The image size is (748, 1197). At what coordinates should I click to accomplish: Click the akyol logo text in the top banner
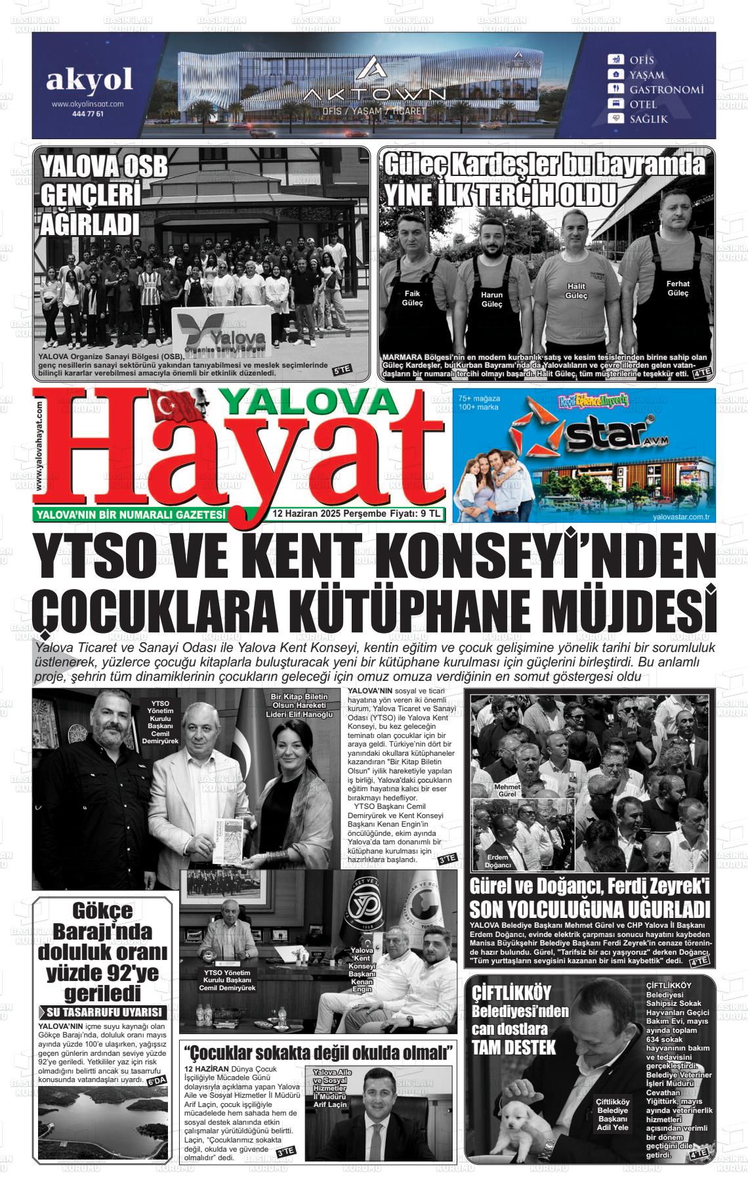coord(89,80)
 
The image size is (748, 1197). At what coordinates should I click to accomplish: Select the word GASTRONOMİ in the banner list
coord(667,89)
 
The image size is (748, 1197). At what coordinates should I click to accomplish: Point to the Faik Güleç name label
coord(412,298)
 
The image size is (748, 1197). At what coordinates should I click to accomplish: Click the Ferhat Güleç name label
coord(678,288)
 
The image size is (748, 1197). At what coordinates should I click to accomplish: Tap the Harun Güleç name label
coord(491,299)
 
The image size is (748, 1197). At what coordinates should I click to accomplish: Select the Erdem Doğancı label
coord(497,861)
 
